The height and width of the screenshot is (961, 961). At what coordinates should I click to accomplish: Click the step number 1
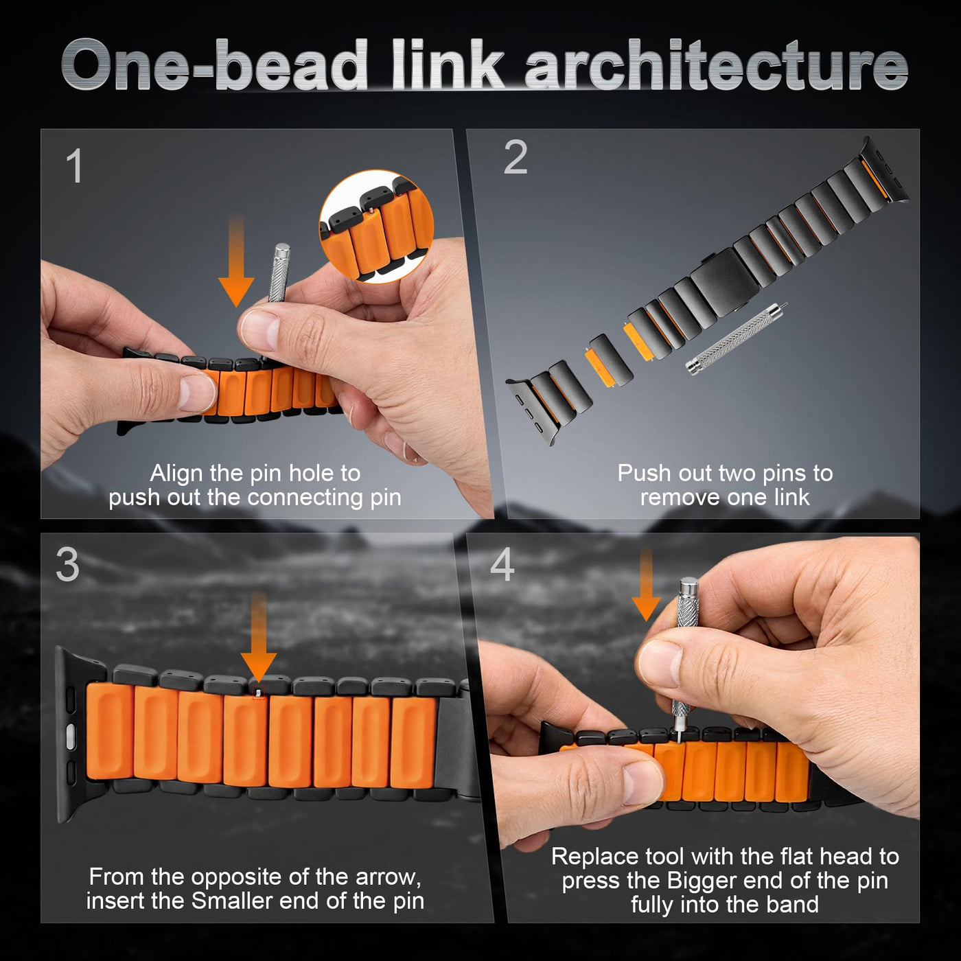pos(75,166)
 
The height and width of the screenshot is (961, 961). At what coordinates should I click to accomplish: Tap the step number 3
pos(67,564)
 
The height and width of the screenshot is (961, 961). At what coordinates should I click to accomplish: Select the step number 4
pos(502,564)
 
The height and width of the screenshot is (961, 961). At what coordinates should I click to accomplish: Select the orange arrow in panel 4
pos(647,583)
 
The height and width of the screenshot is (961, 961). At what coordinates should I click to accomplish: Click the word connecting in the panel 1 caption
pos(305,498)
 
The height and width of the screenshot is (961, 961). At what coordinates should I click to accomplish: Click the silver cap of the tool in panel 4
pos(688,587)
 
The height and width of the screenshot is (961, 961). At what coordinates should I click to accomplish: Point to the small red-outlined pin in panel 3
pos(258,692)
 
